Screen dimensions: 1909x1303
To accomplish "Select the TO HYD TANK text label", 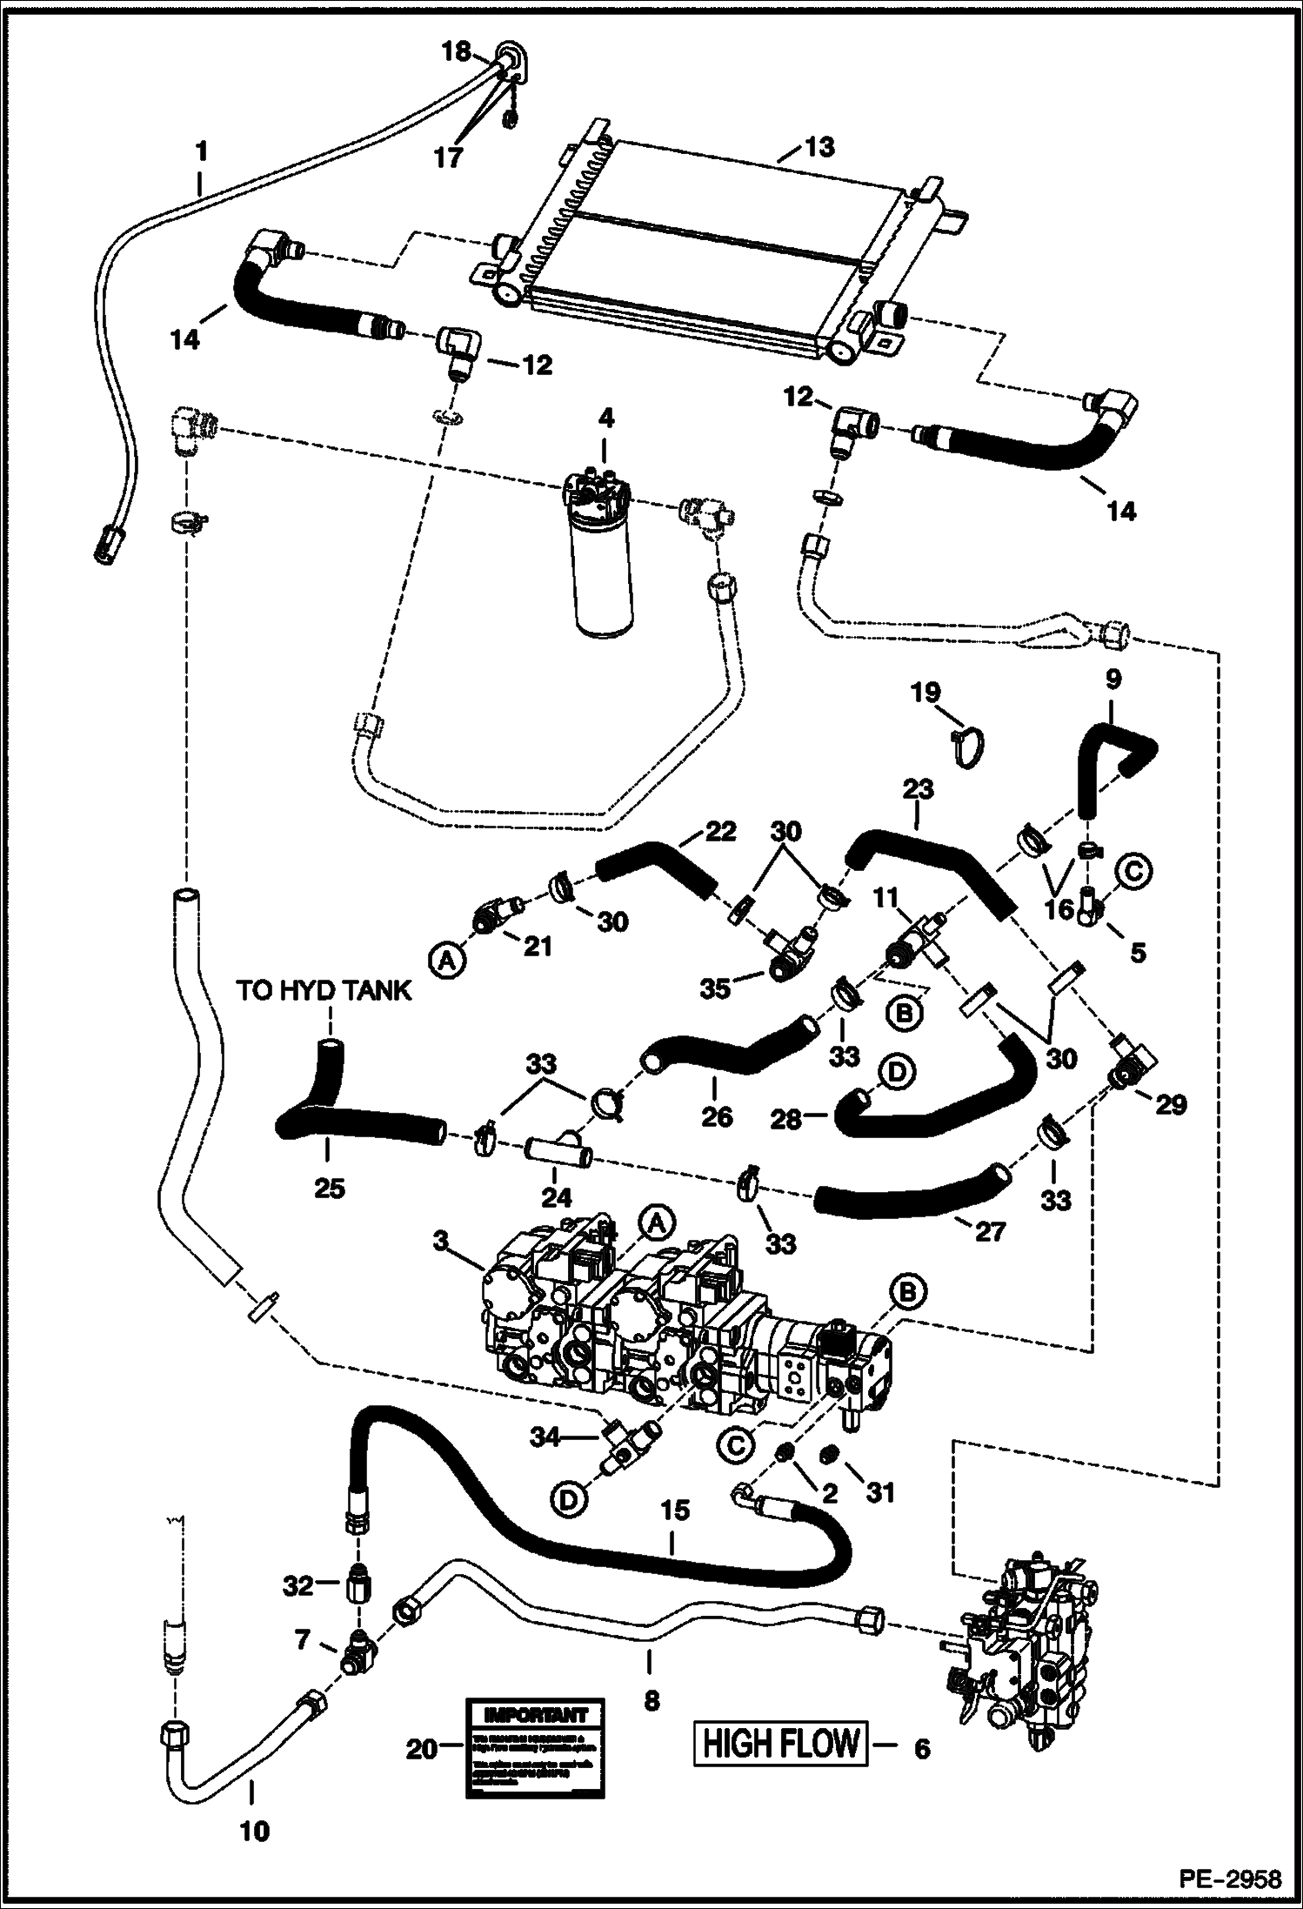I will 324,990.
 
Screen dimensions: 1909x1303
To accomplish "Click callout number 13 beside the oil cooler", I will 819,148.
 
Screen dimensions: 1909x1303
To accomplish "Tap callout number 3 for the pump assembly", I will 441,1242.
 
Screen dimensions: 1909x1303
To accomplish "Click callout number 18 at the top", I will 456,52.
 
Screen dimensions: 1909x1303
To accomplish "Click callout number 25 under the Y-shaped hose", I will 329,1187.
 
